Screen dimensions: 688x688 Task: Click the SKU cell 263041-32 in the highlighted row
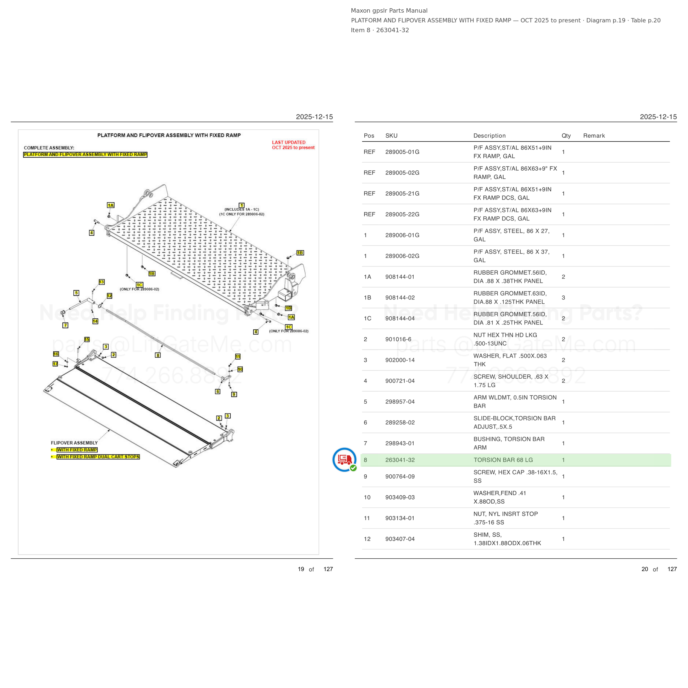(400, 460)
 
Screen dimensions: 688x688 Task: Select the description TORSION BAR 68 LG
(503, 460)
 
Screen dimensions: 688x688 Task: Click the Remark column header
(594, 136)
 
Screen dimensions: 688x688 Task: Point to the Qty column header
(566, 136)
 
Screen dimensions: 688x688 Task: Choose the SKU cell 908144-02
(400, 297)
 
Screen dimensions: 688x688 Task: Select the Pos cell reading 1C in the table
(367, 318)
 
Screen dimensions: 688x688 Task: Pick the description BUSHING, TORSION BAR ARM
(509, 443)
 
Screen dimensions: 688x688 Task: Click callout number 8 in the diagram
(158, 355)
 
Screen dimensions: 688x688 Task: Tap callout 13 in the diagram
(102, 282)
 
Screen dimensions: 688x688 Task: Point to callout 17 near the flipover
(55, 364)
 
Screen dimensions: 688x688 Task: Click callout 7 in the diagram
(65, 325)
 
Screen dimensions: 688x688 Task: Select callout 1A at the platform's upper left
(111, 205)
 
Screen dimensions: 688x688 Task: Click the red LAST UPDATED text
(288, 142)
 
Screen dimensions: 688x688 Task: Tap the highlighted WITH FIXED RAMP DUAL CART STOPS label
(98, 457)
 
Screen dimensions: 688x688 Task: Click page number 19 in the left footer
(301, 569)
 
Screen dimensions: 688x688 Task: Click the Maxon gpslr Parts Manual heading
(389, 11)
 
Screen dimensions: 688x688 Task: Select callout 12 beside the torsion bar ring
(109, 296)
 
